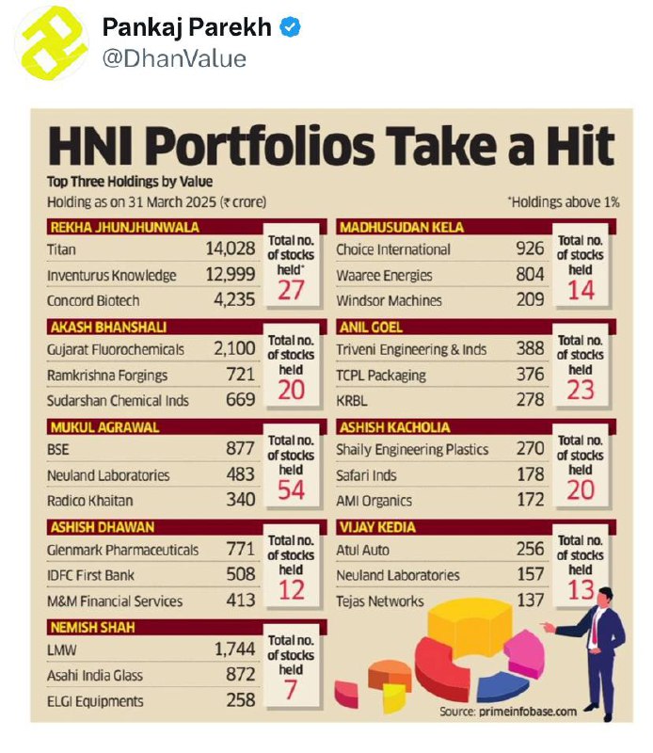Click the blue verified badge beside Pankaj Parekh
tap(291, 27)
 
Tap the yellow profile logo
tap(52, 43)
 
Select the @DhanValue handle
tap(174, 59)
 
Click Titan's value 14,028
tap(231, 248)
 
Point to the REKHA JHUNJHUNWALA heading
tap(125, 227)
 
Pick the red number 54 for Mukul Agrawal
tap(291, 489)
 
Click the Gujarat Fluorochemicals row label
tap(115, 349)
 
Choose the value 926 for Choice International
tap(530, 248)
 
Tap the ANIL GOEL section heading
tap(371, 328)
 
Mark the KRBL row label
tap(352, 401)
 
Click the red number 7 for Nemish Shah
tap(291, 690)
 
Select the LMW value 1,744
tap(235, 649)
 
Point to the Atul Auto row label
tap(362, 550)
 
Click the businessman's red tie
tap(596, 628)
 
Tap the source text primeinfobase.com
tap(528, 712)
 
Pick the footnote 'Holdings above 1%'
tap(564, 202)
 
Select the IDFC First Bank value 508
tap(241, 574)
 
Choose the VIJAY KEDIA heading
tap(377, 527)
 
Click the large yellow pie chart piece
tap(469, 627)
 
